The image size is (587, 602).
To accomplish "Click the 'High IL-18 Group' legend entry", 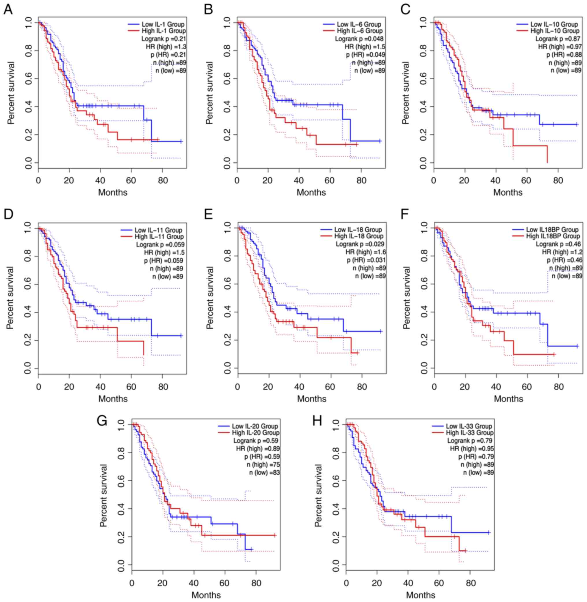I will [x=359, y=236].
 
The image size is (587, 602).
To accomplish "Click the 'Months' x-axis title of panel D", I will [x=113, y=399].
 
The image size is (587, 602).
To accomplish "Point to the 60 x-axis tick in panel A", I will [x=131, y=180].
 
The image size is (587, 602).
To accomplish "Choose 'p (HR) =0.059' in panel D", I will [x=164, y=261].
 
